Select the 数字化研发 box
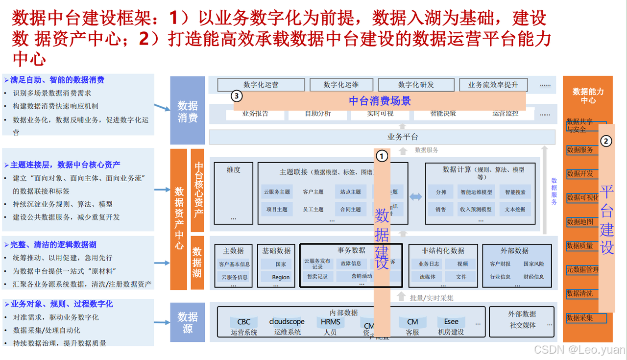coord(416,85)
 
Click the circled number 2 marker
coord(606,141)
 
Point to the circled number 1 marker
coord(382,156)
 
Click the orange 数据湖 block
coord(197,262)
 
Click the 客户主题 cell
coord(313,192)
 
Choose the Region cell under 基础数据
coord(281,277)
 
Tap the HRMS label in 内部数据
coord(330,322)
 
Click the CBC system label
coord(243,322)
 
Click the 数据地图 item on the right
coord(580,222)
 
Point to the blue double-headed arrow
coord(416,197)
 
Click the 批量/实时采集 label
coord(431,297)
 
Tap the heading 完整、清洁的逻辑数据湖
coord(54,245)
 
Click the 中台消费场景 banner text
coord(380,101)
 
